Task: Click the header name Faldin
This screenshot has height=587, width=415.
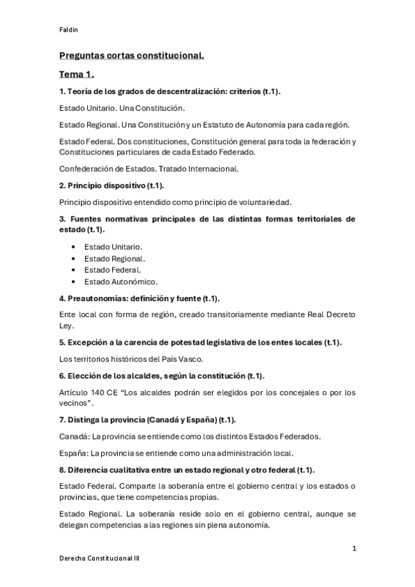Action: coord(67,29)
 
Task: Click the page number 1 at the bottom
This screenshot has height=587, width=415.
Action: coord(354,548)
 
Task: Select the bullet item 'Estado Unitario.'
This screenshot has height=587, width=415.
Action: coord(114,246)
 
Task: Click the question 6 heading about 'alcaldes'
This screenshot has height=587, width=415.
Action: coord(162,376)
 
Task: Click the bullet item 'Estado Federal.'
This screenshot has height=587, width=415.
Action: coord(112,270)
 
